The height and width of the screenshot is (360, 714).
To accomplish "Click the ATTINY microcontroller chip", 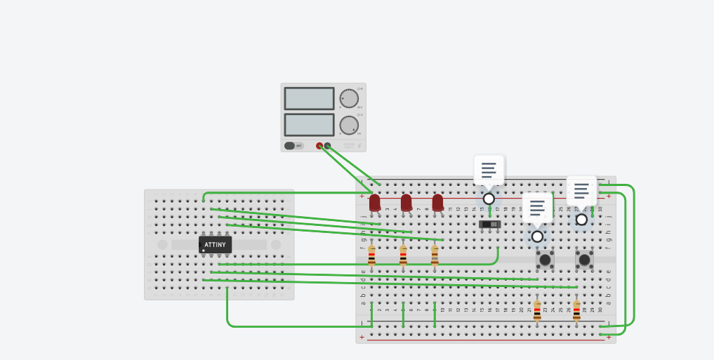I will point(215,244).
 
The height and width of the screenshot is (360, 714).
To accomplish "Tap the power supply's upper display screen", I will point(309,98).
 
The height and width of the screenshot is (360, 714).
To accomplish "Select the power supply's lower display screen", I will point(309,124).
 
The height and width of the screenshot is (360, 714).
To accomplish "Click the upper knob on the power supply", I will point(349,98).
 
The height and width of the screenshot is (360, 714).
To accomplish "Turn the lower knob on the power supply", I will point(349,125).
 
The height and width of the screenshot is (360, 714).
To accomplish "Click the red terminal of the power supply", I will point(319,146).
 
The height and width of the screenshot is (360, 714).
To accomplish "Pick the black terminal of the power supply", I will point(327,146).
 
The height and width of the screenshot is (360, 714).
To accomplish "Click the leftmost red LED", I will point(375,203).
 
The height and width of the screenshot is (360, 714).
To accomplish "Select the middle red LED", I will point(406,203).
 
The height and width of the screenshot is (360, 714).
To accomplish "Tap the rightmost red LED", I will point(437,203).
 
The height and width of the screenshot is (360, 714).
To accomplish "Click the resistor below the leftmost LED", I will point(371,255).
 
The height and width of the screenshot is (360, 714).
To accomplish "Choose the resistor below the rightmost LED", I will point(435,255).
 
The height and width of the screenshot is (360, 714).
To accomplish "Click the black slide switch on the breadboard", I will point(489,224).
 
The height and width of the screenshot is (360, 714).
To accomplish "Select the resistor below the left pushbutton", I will point(537,311).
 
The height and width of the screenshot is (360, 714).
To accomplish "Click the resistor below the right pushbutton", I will point(576,311).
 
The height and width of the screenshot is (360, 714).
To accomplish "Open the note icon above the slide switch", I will point(489,171).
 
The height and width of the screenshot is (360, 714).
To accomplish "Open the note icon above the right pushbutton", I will point(581,191).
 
